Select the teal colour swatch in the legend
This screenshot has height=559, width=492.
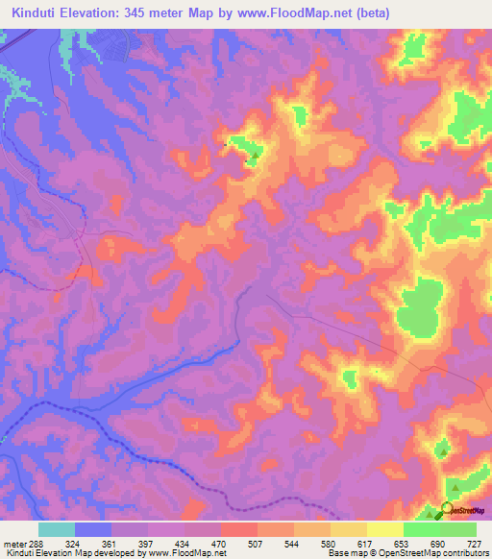57,530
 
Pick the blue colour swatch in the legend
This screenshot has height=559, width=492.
93,530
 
